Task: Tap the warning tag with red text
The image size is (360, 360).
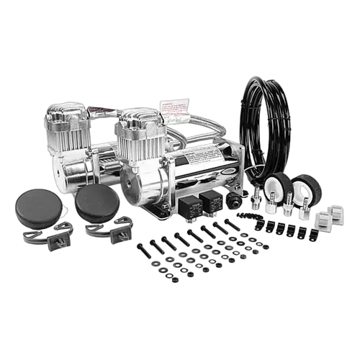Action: pos(174,107)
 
